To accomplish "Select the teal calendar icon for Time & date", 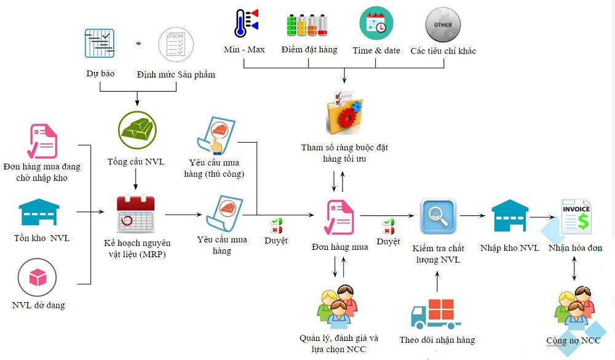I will click(376, 23).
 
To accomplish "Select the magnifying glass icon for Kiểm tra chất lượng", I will click(438, 217).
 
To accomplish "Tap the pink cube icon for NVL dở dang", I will click(38, 278).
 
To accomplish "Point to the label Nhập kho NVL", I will click(509, 248).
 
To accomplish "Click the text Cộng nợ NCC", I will click(573, 340).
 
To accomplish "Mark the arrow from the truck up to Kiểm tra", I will click(437, 280).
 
